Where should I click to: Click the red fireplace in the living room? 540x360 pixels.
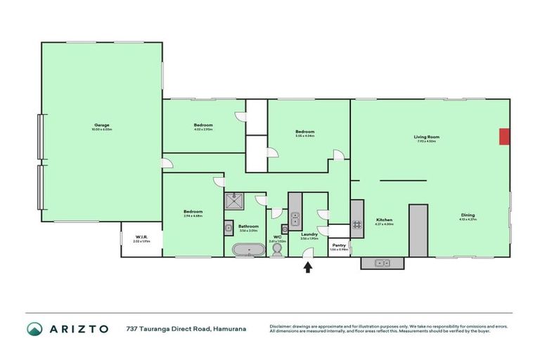click(x=504, y=136)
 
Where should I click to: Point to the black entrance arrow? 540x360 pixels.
click(x=307, y=266)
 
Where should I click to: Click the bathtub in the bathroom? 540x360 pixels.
click(x=250, y=249)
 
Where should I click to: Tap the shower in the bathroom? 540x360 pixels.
click(x=233, y=202)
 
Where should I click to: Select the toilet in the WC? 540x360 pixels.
click(x=277, y=250)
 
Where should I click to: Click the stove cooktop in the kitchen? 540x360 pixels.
click(x=356, y=225)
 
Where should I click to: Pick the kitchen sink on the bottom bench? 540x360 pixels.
click(x=382, y=263)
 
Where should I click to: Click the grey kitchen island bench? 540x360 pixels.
click(x=418, y=231)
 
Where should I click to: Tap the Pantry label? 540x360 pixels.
click(x=339, y=246)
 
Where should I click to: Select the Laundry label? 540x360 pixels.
click(x=309, y=235)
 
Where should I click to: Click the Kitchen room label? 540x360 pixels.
click(x=384, y=219)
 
